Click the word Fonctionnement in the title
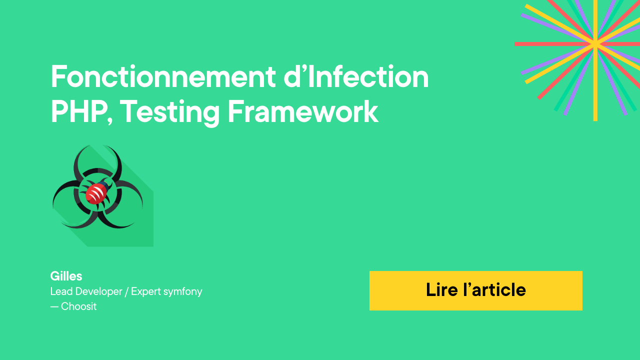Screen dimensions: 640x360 coord(163,76)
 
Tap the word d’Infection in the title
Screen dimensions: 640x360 coord(356,76)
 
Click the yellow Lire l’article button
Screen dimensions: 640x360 coord(475,290)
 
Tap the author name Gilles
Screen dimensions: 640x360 coord(66,276)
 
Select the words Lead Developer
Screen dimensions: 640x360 coord(86,291)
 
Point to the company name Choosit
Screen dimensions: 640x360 coord(79,306)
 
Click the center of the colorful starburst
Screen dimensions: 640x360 coord(595,44)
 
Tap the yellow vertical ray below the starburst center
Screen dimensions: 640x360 coord(595,83)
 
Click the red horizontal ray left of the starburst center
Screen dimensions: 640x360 coord(554,44)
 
